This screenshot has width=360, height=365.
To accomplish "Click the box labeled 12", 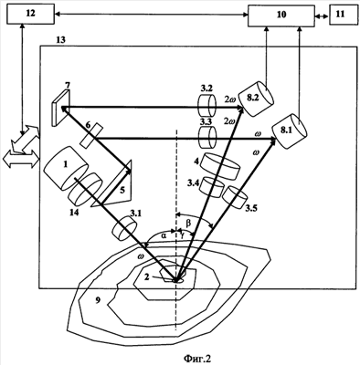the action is [x=30, y=14].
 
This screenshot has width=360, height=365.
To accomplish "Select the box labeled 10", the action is [x=281, y=16].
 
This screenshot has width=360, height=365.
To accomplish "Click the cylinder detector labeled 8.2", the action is [x=256, y=99].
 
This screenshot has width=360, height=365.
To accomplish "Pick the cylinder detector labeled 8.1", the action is [x=290, y=131].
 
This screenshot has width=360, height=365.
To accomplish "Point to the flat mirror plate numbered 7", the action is [x=60, y=109].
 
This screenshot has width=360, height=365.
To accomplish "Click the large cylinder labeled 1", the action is [x=66, y=168].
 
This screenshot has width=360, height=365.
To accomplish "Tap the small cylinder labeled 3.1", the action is [x=125, y=228].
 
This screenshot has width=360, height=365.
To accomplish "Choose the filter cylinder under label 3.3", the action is [x=207, y=137].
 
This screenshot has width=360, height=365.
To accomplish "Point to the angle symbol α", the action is [x=164, y=235].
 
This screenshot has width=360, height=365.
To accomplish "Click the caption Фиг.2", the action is [x=197, y=358].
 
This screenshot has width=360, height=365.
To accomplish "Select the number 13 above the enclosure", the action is [x=60, y=40].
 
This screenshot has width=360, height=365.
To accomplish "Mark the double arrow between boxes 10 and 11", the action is [x=322, y=17].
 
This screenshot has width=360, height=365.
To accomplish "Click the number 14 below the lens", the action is [x=73, y=212].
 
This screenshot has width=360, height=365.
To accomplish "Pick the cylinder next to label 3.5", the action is [x=235, y=195].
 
